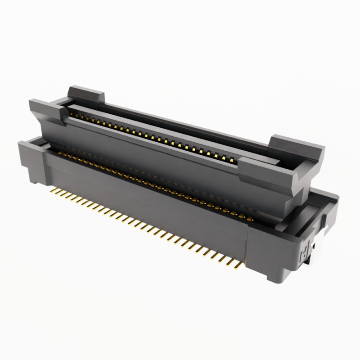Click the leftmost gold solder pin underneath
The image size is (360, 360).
coord(51,190)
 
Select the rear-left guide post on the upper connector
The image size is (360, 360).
coord(85,95)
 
